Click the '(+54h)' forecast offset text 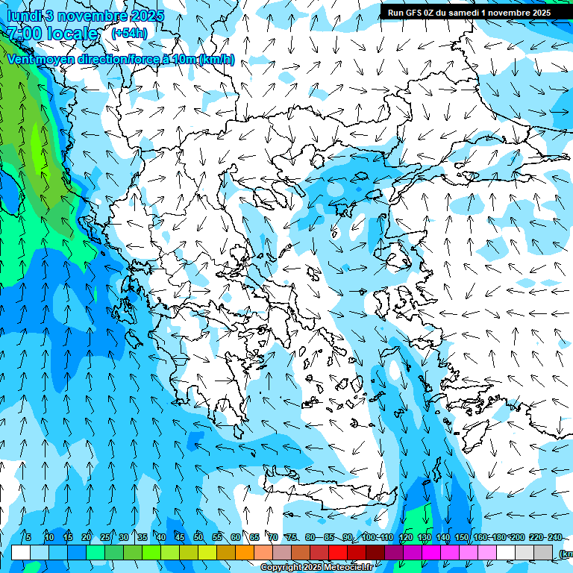[x=129, y=33]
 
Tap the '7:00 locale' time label [x=51, y=34]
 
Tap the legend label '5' [x=28, y=538]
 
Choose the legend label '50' [x=198, y=538]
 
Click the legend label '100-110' [x=377, y=538]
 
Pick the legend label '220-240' [x=545, y=538]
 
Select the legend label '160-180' [x=489, y=538]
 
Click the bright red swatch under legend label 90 [x=338, y=553]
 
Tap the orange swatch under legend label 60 [x=245, y=553]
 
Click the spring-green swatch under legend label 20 [x=95, y=553]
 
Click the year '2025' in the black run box [x=538, y=13]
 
